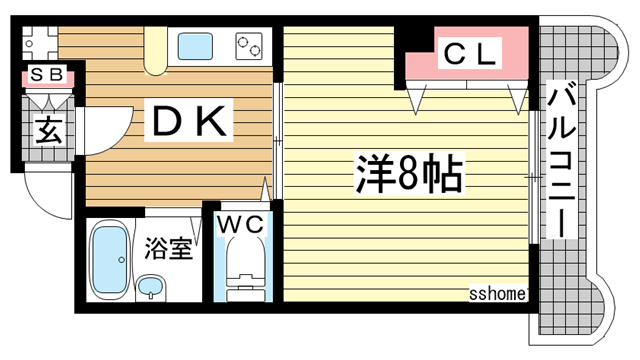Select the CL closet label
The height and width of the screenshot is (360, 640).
pyautogui.click(x=468, y=57)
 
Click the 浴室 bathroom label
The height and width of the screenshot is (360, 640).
pyautogui.click(x=168, y=248)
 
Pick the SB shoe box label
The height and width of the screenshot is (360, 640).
pyautogui.click(x=46, y=75)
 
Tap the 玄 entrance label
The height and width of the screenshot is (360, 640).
pyautogui.click(x=47, y=131)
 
